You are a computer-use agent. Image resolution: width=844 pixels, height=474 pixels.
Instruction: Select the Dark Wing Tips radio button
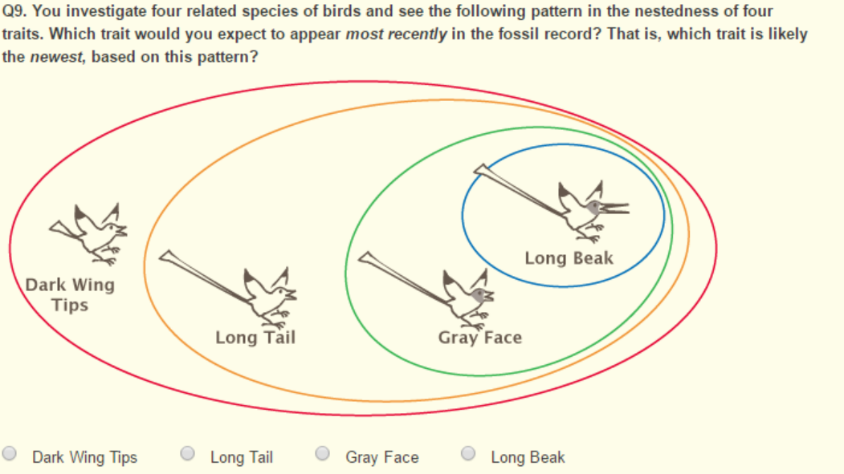tap(10, 454)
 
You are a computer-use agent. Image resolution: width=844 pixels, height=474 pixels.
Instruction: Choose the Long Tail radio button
tap(188, 454)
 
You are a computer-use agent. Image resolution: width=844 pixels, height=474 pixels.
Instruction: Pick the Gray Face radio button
tap(323, 454)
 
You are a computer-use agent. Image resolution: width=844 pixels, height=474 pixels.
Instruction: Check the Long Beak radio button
tap(468, 454)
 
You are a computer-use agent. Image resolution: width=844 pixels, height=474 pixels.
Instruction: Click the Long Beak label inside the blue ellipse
tap(569, 258)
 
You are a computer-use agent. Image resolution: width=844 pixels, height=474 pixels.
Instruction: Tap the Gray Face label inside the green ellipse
tap(479, 338)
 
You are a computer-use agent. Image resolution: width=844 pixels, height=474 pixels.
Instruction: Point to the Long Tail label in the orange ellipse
tap(255, 338)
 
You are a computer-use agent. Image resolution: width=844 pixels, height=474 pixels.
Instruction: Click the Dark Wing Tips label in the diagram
tap(70, 294)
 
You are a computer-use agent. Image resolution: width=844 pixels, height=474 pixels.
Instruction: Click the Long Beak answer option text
tap(528, 457)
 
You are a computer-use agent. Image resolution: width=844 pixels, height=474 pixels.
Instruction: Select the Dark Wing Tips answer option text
tap(84, 457)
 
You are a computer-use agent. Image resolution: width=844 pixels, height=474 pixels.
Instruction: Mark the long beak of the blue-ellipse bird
tap(614, 209)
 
